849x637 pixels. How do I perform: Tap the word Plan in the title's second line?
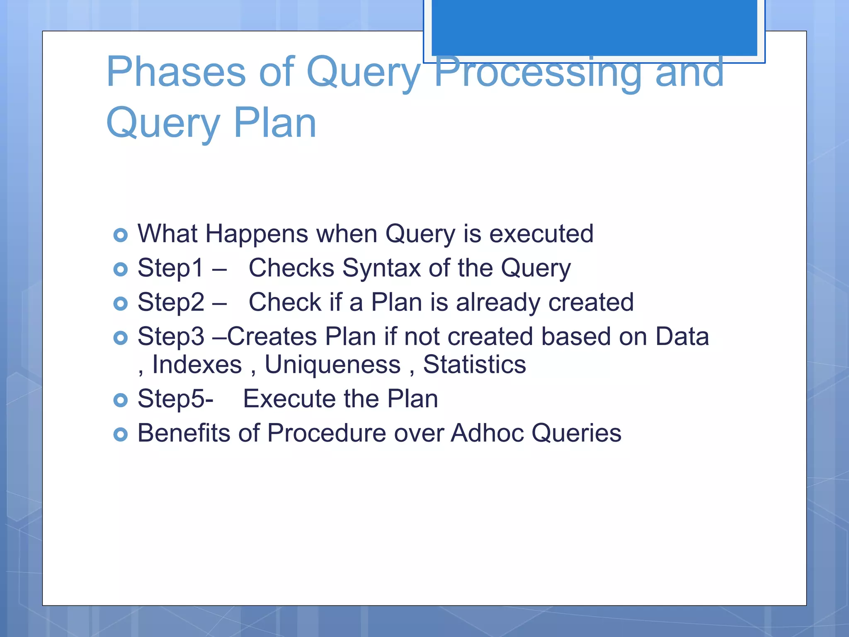[275, 123]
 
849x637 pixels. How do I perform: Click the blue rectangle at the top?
[594, 27]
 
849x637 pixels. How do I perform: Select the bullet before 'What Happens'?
[120, 235]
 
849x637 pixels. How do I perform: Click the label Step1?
[170, 268]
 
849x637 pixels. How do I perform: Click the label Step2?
[171, 302]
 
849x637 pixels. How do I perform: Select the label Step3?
[171, 336]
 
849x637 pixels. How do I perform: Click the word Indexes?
[197, 365]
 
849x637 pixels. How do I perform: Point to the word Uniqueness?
[332, 365]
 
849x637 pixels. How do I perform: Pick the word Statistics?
[474, 365]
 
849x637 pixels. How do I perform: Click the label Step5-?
[175, 399]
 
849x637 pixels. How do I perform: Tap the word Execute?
[289, 399]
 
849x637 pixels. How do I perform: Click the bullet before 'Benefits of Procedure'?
[120, 435]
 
